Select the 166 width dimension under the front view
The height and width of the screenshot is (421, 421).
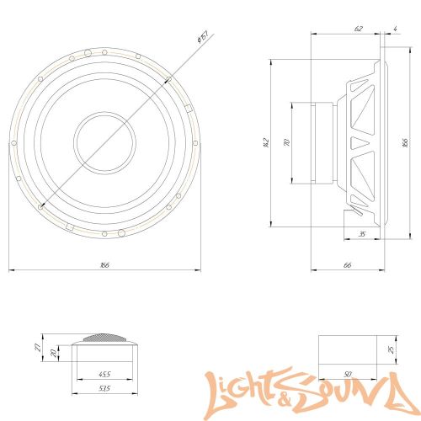104,265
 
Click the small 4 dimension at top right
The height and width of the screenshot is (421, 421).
395,29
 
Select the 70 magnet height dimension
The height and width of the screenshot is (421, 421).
286,143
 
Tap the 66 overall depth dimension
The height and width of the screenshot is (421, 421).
347,265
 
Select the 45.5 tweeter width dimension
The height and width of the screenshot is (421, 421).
104,374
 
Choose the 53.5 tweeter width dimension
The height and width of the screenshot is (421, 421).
104,389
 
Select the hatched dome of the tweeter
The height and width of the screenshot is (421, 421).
105,338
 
